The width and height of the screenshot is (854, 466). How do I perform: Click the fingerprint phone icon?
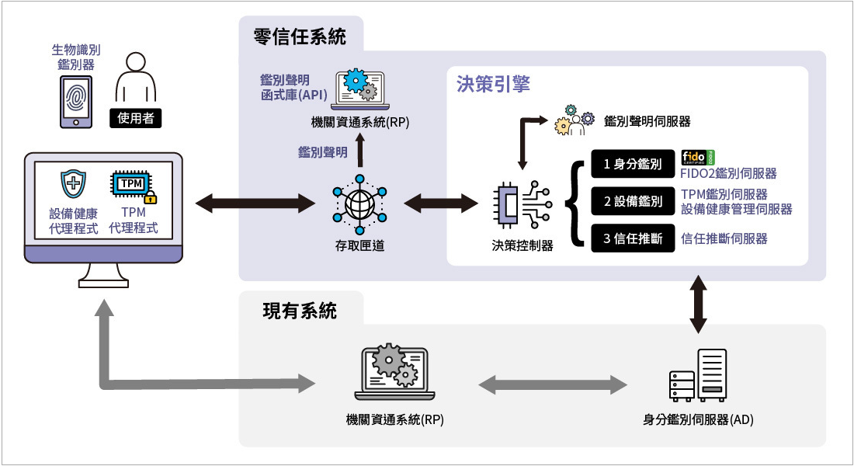76,101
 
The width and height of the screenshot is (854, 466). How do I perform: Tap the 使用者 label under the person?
137,118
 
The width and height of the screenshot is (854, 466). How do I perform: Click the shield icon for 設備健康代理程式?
73,185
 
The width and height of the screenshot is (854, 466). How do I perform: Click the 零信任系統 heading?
299,37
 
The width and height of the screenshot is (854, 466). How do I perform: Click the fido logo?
697,156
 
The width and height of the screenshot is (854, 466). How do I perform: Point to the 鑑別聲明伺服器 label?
647,121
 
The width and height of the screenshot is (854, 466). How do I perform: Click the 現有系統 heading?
300,311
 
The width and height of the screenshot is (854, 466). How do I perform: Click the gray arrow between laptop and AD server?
552,384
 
